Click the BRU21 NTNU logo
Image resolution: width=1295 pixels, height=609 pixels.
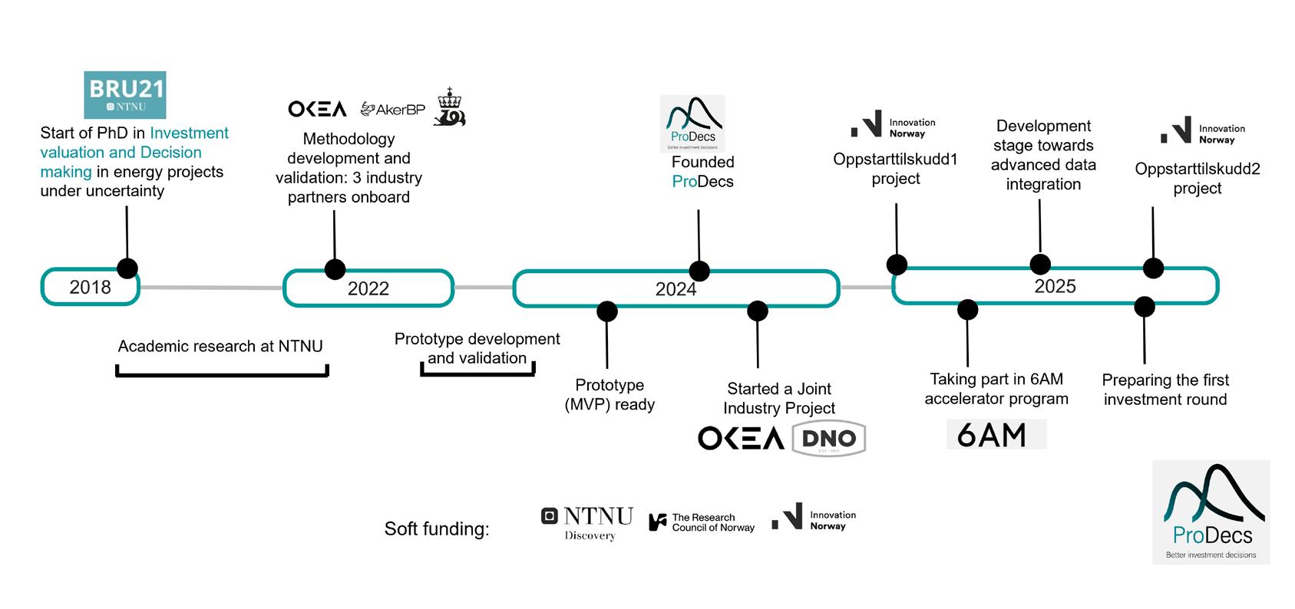(124, 95)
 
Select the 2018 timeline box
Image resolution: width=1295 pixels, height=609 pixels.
(90, 287)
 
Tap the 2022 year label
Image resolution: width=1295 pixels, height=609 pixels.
(368, 288)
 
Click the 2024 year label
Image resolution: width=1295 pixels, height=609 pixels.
(676, 289)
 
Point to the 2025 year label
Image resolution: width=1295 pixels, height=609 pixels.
(1055, 286)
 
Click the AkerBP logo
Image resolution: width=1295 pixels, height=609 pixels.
(392, 110)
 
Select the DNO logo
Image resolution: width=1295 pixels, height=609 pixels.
(828, 439)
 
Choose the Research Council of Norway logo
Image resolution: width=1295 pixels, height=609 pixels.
(702, 522)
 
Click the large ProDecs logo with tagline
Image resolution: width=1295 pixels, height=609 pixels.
(1211, 512)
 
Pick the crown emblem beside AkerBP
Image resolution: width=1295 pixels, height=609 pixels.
(449, 107)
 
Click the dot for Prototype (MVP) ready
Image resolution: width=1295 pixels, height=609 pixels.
(606, 311)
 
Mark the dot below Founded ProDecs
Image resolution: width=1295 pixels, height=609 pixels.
(699, 271)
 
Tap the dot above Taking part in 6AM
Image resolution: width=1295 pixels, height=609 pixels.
(967, 309)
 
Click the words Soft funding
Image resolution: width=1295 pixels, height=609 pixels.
(436, 529)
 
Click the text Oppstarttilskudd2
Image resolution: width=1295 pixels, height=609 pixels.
(1197, 169)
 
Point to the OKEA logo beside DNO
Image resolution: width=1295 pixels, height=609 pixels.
(740, 439)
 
